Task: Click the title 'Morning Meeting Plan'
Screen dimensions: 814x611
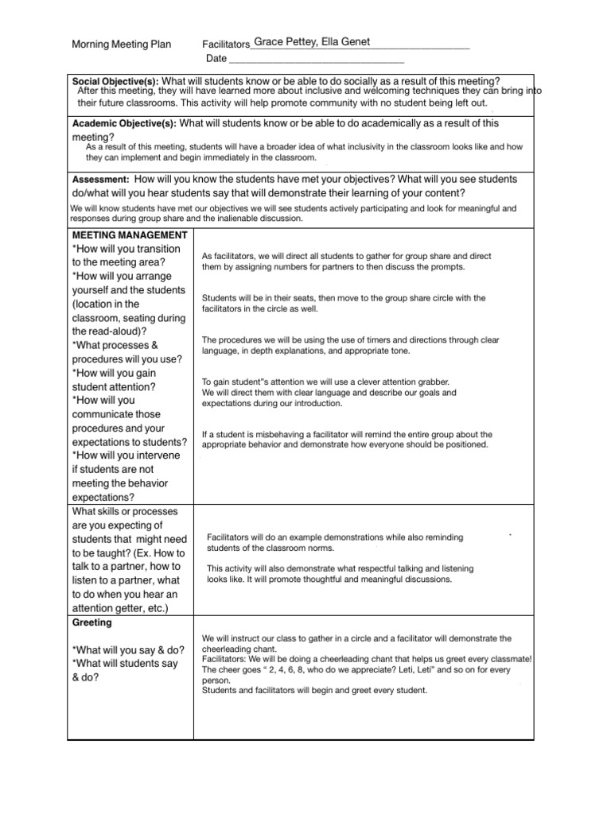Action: tap(121, 45)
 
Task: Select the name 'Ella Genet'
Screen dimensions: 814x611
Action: tap(345, 42)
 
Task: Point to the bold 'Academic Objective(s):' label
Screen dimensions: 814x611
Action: tap(124, 124)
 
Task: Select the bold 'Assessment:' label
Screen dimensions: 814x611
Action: tap(100, 180)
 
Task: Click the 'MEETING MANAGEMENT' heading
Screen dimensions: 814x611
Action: tap(130, 235)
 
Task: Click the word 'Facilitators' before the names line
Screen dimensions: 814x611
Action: tap(226, 45)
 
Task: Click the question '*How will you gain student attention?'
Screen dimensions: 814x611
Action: tap(115, 380)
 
